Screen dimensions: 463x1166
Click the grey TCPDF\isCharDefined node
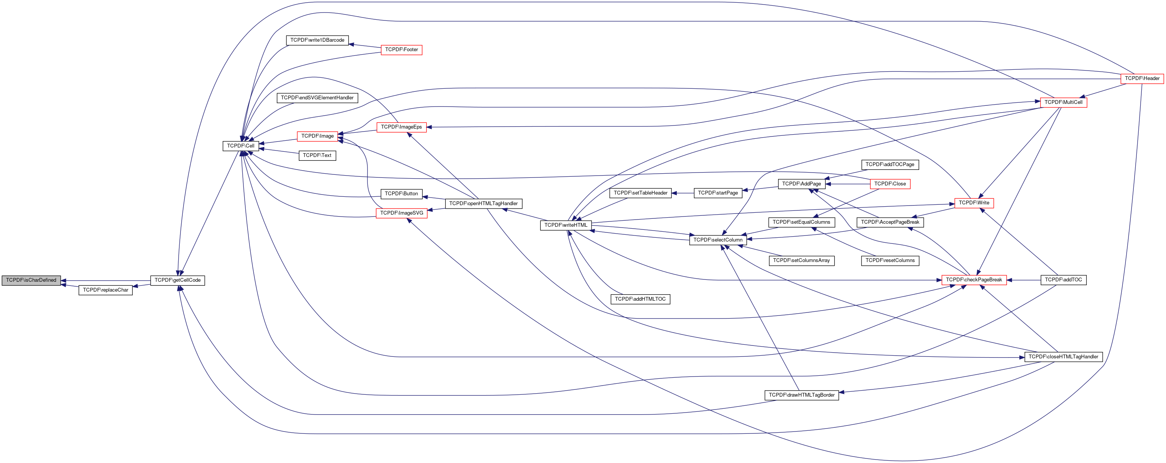tap(31, 280)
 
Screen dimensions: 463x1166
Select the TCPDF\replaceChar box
tap(105, 290)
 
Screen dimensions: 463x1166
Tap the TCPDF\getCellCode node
tap(177, 281)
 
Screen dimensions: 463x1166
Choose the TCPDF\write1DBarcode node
tap(317, 40)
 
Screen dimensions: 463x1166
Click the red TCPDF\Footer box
tap(401, 50)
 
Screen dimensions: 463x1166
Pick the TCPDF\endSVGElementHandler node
tap(317, 98)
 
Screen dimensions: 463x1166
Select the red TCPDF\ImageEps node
tap(401, 127)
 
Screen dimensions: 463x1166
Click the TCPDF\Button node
tap(401, 194)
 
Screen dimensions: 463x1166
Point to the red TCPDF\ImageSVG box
tap(401, 213)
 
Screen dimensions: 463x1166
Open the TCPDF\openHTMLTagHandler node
tap(483, 204)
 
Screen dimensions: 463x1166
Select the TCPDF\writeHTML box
tap(565, 225)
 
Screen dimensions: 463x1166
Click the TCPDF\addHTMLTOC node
tap(640, 299)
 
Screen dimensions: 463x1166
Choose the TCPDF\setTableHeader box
tap(640, 193)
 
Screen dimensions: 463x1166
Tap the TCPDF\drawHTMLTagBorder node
tap(801, 395)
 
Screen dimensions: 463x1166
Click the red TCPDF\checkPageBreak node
tap(974, 280)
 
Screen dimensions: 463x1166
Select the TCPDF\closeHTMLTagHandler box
tap(1063, 357)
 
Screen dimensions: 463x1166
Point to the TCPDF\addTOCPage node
tap(890, 165)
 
